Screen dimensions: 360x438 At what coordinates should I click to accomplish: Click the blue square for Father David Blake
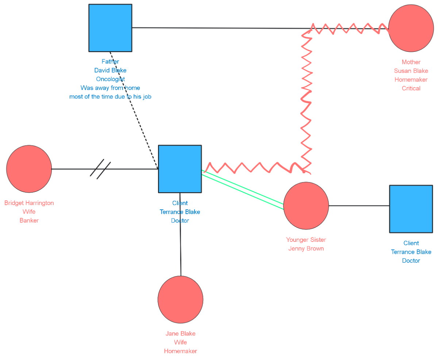click(x=110, y=28)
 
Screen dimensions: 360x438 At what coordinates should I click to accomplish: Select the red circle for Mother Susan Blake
click(x=411, y=28)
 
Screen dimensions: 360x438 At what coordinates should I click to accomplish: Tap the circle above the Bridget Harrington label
click(x=29, y=169)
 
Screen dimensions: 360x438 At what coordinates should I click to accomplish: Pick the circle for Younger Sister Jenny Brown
click(x=306, y=206)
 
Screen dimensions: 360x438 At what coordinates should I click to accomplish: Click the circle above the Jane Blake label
click(x=180, y=299)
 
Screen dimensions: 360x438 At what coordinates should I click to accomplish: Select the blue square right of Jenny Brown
click(x=411, y=209)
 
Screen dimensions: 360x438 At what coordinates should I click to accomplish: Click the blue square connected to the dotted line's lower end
click(x=180, y=169)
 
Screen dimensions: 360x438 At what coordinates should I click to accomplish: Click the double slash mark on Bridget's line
click(x=100, y=169)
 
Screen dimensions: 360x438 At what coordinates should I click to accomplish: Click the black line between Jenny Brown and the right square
click(x=359, y=206)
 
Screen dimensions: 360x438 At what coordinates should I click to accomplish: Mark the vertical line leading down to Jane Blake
click(x=180, y=233)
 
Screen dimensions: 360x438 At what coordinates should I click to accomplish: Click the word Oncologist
click(x=110, y=79)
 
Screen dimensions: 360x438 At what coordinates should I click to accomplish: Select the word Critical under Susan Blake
click(x=411, y=88)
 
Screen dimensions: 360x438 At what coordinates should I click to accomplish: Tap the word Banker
click(x=29, y=220)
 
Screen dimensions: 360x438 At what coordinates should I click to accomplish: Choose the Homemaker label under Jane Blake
click(x=180, y=351)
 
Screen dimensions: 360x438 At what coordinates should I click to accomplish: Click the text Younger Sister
click(x=306, y=240)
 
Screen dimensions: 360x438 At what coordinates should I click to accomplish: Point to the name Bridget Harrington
click(x=29, y=203)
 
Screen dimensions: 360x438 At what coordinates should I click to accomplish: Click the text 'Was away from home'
click(x=110, y=88)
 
